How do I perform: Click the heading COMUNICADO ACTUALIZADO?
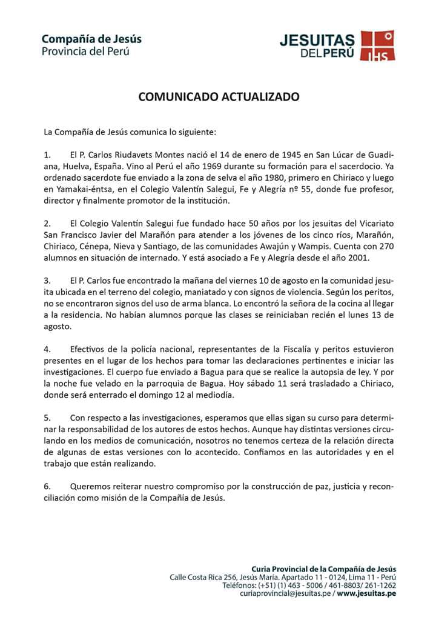[219, 96]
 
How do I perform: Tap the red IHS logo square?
[378, 46]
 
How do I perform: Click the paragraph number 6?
[47, 486]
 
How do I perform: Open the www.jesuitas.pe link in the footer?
[366, 594]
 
